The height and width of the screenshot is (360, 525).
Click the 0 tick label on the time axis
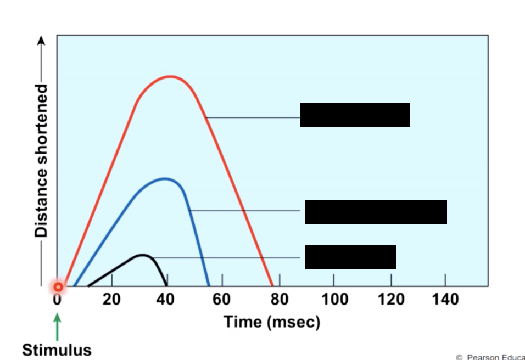(x=57, y=300)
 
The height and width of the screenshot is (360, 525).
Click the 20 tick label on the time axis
(x=112, y=300)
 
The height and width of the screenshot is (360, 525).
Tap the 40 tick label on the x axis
(x=165, y=300)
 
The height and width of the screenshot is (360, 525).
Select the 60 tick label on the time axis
(x=221, y=300)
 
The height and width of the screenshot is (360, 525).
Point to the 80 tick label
(x=280, y=300)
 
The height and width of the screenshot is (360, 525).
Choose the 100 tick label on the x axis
(x=334, y=300)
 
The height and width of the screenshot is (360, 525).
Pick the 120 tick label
(x=390, y=300)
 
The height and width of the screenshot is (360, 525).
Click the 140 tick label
(x=445, y=300)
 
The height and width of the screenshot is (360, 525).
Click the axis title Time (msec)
(x=271, y=322)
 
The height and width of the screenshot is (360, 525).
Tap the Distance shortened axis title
(x=41, y=160)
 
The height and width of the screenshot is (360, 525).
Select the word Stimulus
(x=57, y=350)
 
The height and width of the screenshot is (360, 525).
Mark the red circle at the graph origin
(x=58, y=286)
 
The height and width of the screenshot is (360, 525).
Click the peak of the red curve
(x=171, y=76)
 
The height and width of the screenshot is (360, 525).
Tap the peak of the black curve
(x=143, y=255)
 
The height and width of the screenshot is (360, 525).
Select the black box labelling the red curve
(x=355, y=115)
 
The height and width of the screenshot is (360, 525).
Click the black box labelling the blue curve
(x=376, y=212)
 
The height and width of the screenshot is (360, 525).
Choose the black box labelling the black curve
(x=350, y=257)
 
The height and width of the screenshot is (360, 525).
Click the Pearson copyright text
(x=490, y=357)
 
